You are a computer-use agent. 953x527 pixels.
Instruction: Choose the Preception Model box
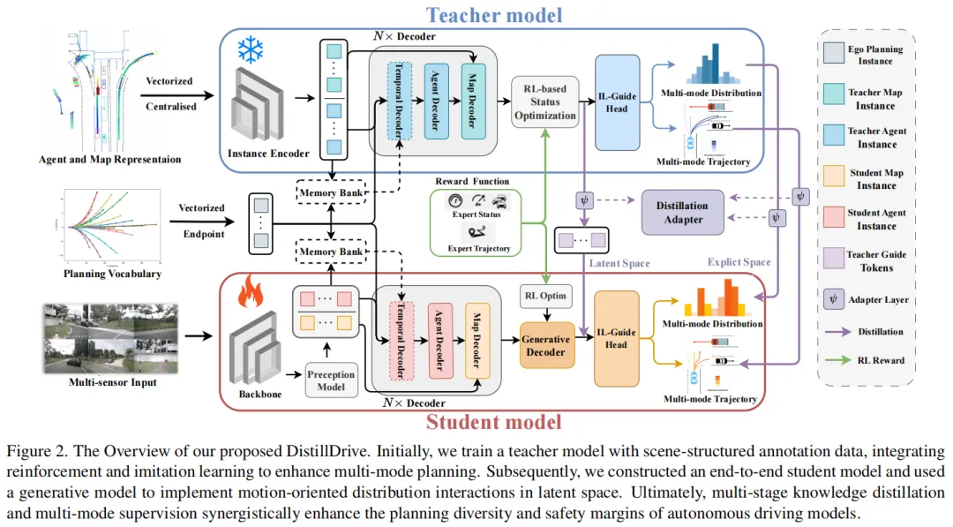[330, 380]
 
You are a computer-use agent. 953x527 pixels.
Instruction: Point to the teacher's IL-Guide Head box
[617, 102]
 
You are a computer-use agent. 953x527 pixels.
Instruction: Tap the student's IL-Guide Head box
[617, 339]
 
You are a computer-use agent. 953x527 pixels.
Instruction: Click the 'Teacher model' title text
[494, 14]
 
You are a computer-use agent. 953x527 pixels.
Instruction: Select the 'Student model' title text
[494, 421]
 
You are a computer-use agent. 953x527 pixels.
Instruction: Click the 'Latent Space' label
[619, 263]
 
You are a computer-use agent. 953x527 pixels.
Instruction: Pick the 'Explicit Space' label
[739, 262]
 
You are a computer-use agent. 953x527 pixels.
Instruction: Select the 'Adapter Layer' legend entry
[878, 299]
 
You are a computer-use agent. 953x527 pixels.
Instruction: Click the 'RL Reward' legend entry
[878, 360]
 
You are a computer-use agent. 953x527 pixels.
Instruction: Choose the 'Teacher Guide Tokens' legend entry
[878, 261]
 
